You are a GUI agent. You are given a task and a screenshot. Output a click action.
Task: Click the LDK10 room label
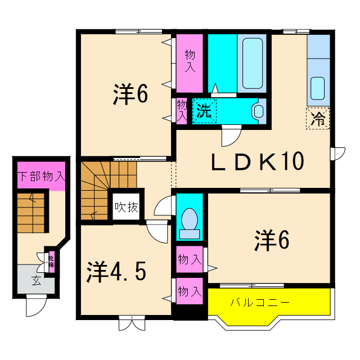click(x=258, y=163)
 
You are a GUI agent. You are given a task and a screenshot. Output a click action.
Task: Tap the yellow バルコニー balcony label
click(x=259, y=303)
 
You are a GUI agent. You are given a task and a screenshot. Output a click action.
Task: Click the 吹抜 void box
click(x=126, y=207)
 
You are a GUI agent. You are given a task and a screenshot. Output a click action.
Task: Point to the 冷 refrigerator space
click(x=318, y=119)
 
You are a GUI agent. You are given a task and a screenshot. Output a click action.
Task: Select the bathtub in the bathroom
click(x=250, y=62)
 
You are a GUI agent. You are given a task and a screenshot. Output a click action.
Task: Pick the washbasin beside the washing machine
click(x=259, y=110)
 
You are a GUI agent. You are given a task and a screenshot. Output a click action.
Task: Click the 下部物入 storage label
click(x=41, y=176)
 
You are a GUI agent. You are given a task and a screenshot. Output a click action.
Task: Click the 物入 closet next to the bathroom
click(x=190, y=62)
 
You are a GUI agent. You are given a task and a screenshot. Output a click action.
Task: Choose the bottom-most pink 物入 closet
click(x=190, y=291)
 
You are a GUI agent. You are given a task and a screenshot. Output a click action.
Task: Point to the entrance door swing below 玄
click(x=35, y=307)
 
